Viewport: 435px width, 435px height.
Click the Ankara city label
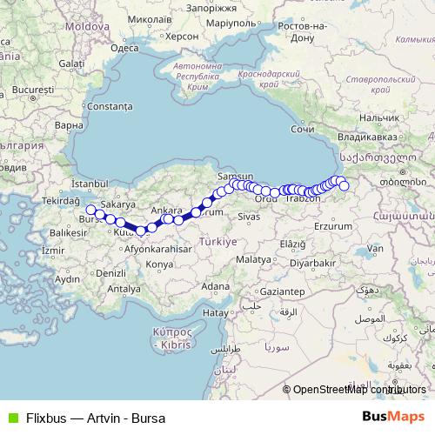(x=166, y=211)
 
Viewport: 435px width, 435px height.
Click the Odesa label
(x=124, y=49)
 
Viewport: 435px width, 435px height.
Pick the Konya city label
(x=159, y=263)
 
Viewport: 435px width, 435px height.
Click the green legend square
(x=10, y=418)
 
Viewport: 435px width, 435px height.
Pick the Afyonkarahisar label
(x=159, y=248)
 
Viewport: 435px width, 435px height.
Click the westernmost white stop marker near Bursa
(x=90, y=210)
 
